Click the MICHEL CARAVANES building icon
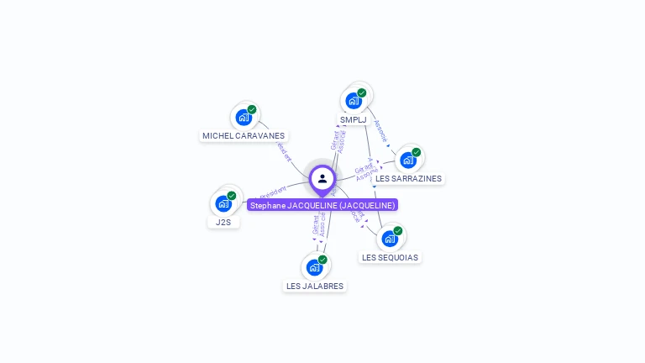244,118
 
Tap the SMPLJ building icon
354,101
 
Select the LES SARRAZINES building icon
408,160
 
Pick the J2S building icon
223,203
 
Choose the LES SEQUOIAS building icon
390,239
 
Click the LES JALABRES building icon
314,268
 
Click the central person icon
322,178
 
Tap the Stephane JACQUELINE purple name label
322,205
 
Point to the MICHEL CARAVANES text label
244,135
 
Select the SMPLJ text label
354,119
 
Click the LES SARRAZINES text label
408,178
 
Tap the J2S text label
223,222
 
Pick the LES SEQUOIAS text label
390,257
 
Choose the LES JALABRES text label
315,286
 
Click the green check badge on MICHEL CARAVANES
252,109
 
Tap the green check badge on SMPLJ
362,92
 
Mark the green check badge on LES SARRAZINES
417,152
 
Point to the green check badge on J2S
232,195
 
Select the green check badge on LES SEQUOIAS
398,230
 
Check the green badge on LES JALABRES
322,260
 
